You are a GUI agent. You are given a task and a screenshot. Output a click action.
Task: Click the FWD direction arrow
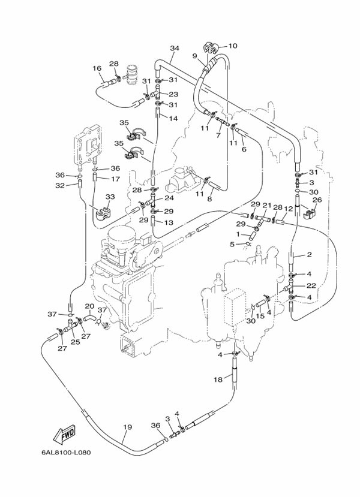click(64, 433)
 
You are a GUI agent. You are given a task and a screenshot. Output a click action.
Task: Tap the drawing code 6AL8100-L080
click(66, 452)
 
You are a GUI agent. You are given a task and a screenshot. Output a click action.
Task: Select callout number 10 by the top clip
click(232, 46)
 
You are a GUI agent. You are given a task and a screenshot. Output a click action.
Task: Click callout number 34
click(175, 48)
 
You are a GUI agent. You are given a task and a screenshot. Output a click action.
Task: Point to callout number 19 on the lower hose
click(127, 427)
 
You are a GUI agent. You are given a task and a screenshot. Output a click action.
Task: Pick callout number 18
click(218, 379)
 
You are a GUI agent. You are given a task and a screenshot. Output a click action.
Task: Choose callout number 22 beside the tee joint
click(311, 285)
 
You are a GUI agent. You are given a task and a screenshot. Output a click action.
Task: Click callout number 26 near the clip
click(317, 200)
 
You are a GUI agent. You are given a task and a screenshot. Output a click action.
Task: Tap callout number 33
click(110, 197)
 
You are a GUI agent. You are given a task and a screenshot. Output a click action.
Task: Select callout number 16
click(97, 68)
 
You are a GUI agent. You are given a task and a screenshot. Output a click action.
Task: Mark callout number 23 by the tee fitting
click(173, 94)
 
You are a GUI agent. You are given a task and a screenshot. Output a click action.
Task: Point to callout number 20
click(90, 306)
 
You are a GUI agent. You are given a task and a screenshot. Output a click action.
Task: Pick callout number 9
click(195, 56)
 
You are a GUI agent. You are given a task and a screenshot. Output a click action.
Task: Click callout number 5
click(232, 244)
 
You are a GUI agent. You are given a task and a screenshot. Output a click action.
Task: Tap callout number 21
click(266, 206)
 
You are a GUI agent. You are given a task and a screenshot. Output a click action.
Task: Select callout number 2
click(309, 255)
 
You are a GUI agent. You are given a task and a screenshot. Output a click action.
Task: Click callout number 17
click(115, 179)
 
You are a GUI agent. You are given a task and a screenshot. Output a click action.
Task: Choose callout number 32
click(60, 185)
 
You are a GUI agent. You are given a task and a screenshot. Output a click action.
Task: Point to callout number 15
click(260, 316)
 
